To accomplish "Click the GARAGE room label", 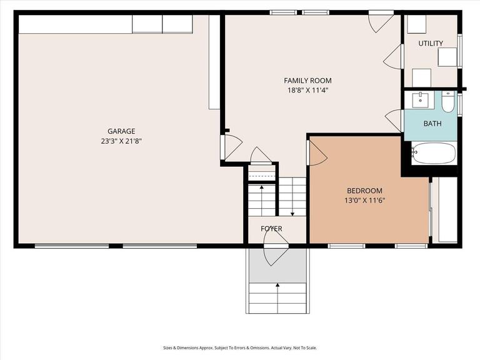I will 121,131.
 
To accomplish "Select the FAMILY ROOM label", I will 307,81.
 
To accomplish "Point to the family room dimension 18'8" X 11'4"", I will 307,90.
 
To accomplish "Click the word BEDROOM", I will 364,191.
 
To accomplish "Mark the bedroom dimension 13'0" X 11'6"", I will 364,201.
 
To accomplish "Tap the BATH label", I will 432,124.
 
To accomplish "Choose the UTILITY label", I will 431,43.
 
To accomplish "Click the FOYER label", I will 271,229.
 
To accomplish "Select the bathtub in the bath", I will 433,152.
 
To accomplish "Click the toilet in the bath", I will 448,101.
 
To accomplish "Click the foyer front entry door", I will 275,253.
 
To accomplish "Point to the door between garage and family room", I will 232,147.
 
